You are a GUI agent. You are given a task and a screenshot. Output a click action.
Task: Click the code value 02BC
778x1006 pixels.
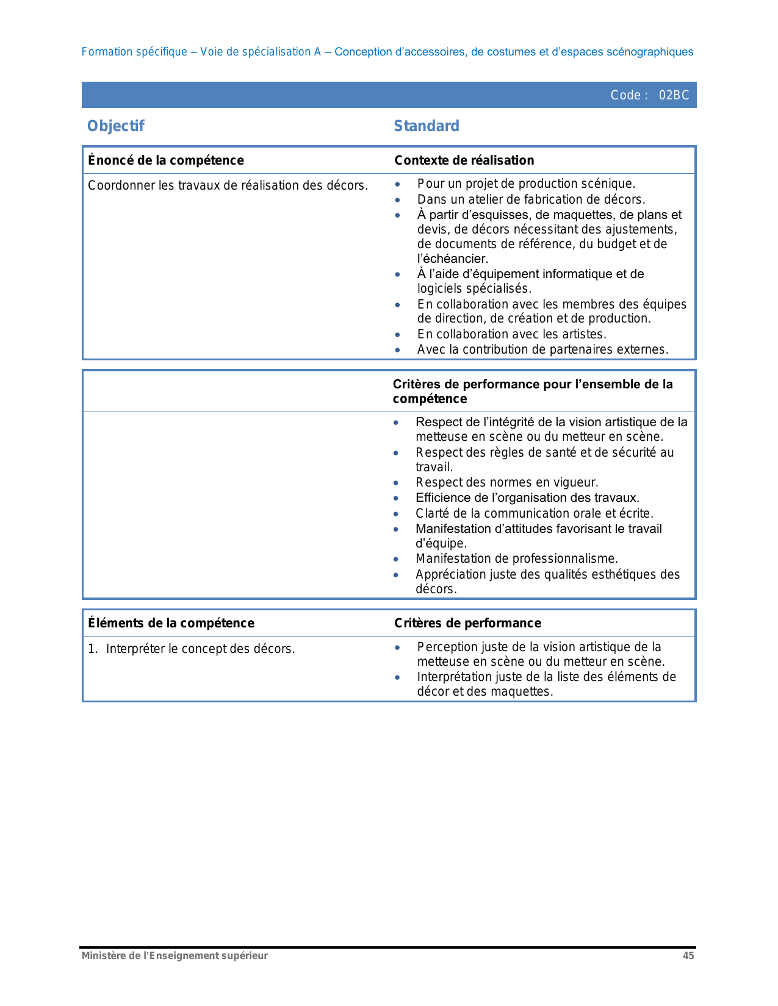[x=674, y=95]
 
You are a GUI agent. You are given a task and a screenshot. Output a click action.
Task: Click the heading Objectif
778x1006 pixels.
[x=116, y=126]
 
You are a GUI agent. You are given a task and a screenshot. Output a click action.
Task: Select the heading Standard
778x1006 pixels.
[x=427, y=126]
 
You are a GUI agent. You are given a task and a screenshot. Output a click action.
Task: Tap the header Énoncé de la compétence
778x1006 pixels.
[x=166, y=160]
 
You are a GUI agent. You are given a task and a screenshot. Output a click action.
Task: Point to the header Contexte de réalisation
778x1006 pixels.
[x=464, y=160]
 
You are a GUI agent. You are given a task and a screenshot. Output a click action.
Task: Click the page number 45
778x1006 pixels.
[x=688, y=956]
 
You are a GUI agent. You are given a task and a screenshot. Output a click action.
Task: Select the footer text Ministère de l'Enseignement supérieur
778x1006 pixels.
[x=175, y=956]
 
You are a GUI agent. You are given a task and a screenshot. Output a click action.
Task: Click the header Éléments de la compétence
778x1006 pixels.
[x=171, y=623]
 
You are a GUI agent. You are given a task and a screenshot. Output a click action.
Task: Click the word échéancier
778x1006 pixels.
[x=454, y=259]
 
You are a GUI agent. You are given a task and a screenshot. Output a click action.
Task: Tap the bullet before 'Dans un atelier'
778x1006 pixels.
[x=398, y=199]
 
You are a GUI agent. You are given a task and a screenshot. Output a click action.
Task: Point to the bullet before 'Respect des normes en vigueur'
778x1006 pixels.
[x=397, y=483]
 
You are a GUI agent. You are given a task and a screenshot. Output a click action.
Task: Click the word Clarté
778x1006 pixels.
[x=433, y=513]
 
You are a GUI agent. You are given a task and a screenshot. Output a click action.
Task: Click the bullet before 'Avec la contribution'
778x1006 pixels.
[x=398, y=350]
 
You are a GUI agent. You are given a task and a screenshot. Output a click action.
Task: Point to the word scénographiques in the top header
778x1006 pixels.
[x=650, y=52]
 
